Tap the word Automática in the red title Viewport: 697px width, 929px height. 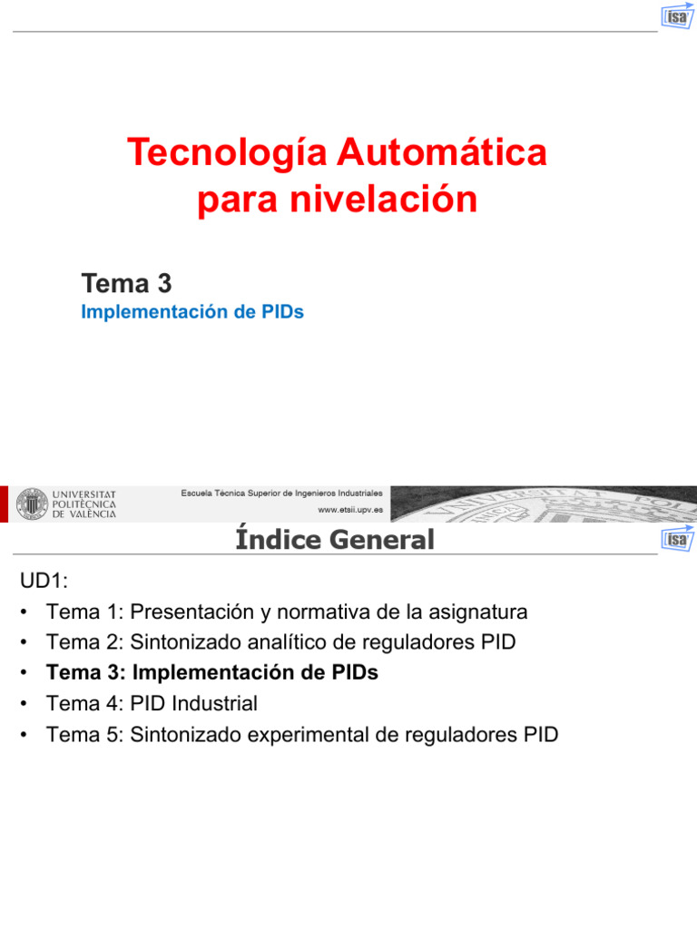[442, 152]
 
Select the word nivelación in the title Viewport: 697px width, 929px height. [384, 199]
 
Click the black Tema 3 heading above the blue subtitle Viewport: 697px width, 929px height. [126, 283]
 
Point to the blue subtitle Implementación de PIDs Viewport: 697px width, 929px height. [192, 312]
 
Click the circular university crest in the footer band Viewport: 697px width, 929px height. [32, 504]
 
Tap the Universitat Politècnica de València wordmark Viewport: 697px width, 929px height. [84, 504]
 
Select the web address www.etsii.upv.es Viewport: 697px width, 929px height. [350, 510]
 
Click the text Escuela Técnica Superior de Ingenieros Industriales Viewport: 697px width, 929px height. [281, 493]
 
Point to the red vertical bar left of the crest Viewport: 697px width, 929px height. [4, 504]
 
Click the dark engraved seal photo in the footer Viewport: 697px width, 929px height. [544, 504]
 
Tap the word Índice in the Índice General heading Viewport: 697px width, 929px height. [278, 539]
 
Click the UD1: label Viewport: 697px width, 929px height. [44, 581]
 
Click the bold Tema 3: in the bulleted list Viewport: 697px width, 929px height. [86, 673]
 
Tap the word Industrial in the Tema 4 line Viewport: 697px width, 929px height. [214, 704]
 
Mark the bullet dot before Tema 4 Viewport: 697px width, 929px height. [24, 704]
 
